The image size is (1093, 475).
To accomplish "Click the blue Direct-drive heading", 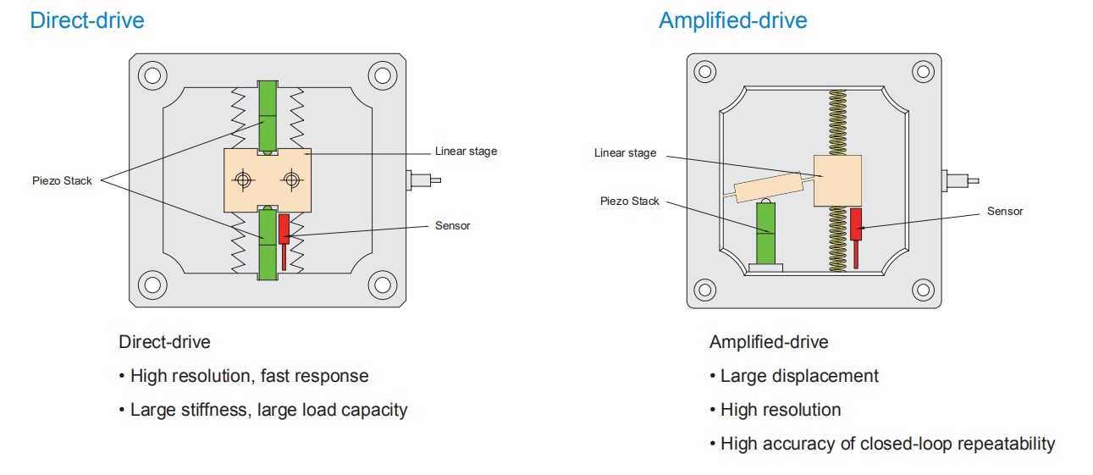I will tap(87, 20).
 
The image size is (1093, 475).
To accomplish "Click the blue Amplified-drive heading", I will tap(732, 20).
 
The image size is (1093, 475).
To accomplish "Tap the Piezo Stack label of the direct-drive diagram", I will tap(62, 180).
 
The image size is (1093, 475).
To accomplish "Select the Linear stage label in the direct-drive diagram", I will tap(466, 152).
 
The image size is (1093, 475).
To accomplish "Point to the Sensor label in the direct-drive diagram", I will tap(452, 225).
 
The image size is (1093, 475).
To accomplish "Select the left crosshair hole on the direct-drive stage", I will tap(244, 180).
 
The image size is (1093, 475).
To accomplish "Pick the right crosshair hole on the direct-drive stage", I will tap(292, 180).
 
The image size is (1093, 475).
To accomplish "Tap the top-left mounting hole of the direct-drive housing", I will tap(152, 75).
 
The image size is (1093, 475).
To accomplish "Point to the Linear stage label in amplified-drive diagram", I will tap(625, 153).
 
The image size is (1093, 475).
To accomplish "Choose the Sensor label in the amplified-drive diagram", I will tap(1005, 211).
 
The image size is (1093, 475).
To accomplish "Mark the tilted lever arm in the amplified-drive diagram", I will tap(767, 188).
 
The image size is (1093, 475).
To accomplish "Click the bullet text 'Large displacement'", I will tap(799, 376).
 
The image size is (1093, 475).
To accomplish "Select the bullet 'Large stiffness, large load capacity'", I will tap(268, 410).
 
